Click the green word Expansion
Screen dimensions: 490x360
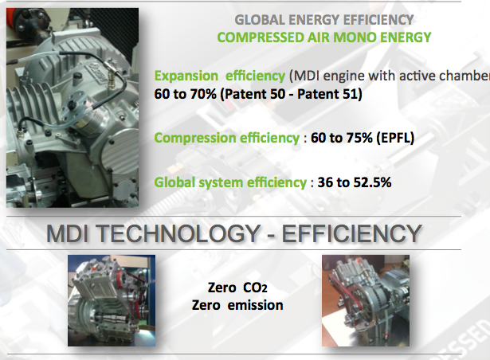186,76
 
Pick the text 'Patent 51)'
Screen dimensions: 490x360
330,94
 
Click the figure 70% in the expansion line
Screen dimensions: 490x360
203,94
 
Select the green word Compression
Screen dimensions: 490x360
195,138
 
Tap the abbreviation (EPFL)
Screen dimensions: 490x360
395,138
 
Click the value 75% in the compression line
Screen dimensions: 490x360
359,138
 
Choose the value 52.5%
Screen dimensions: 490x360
373,182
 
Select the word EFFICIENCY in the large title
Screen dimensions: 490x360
352,233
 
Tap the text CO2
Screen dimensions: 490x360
255,288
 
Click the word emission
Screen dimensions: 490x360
255,305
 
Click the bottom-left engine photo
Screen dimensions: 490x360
112,300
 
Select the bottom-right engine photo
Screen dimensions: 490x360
366,300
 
